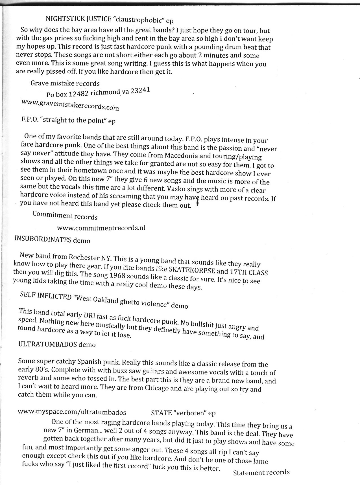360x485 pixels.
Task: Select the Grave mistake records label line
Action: pyautogui.click(x=65, y=84)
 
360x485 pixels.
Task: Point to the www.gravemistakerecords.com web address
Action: pyautogui.click(x=70, y=105)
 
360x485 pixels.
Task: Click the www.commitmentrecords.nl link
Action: pyautogui.click(x=101, y=228)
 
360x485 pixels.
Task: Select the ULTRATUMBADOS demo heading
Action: pyautogui.click(x=57, y=344)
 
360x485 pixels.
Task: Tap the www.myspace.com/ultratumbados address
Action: pyautogui.click(x=72, y=412)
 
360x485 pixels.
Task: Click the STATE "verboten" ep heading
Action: pyautogui.click(x=183, y=413)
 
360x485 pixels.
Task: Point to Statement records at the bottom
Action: pyautogui.click(x=261, y=473)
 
